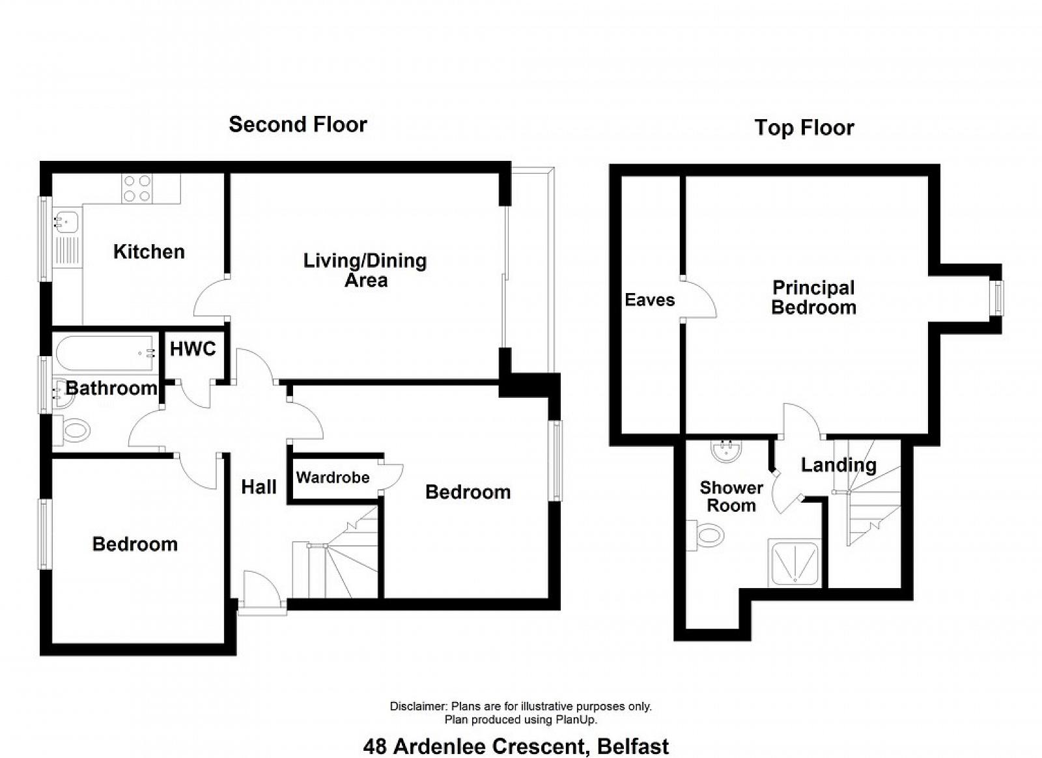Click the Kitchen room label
[149, 251]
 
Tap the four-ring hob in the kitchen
[137, 188]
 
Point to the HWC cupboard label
[193, 349]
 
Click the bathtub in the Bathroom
[105, 354]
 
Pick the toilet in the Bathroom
[72, 430]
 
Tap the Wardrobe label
[333, 477]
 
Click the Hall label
[259, 487]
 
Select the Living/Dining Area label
[365, 270]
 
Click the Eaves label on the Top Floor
[649, 300]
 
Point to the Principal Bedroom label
[813, 298]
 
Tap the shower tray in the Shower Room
[795, 563]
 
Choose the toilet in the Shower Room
[706, 536]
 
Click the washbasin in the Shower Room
[727, 451]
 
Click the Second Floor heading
[298, 124]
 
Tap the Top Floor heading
[804, 128]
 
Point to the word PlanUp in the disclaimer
[576, 720]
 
